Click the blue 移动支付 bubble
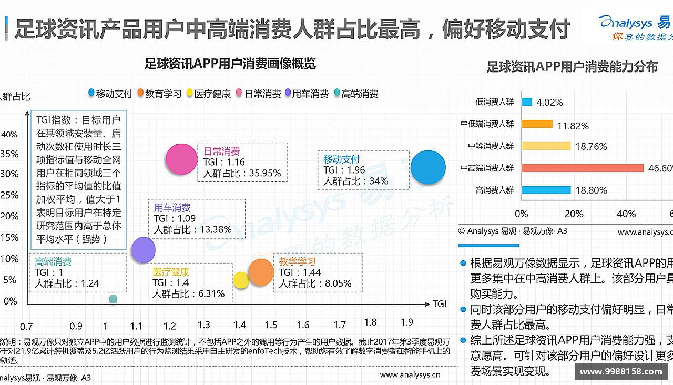(x=428, y=167)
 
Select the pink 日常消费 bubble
(x=181, y=159)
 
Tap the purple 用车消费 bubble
(x=143, y=250)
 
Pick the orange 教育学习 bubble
(x=261, y=272)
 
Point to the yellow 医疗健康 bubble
(x=241, y=280)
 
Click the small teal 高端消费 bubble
(x=113, y=299)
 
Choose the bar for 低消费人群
(x=527, y=102)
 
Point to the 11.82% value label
(x=573, y=126)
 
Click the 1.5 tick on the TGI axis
(x=271, y=325)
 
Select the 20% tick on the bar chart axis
(x=574, y=214)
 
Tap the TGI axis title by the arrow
(x=440, y=304)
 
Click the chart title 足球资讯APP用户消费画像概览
(x=230, y=64)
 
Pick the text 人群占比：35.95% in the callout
(x=242, y=173)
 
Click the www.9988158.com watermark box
(x=620, y=371)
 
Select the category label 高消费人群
(x=494, y=190)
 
